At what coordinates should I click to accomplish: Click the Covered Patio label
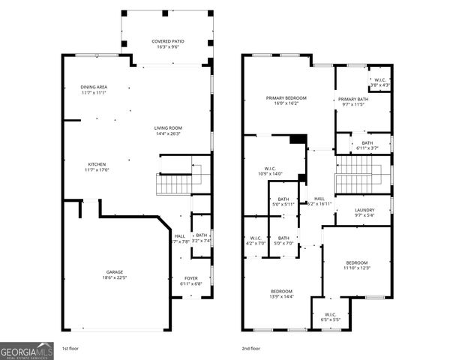[167, 41]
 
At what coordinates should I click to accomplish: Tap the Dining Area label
[94, 87]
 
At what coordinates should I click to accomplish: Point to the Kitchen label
[97, 164]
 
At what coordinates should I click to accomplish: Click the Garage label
[115, 271]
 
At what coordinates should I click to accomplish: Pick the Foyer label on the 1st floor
[191, 278]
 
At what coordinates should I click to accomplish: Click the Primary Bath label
[352, 99]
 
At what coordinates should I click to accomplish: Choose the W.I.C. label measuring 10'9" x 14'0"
[271, 168]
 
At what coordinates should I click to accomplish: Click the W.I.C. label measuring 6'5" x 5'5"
[331, 314]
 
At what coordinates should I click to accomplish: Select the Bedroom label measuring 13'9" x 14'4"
[281, 291]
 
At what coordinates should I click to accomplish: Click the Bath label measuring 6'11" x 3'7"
[367, 142]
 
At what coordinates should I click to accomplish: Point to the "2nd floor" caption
[251, 349]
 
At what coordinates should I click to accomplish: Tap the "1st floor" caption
[70, 349]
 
